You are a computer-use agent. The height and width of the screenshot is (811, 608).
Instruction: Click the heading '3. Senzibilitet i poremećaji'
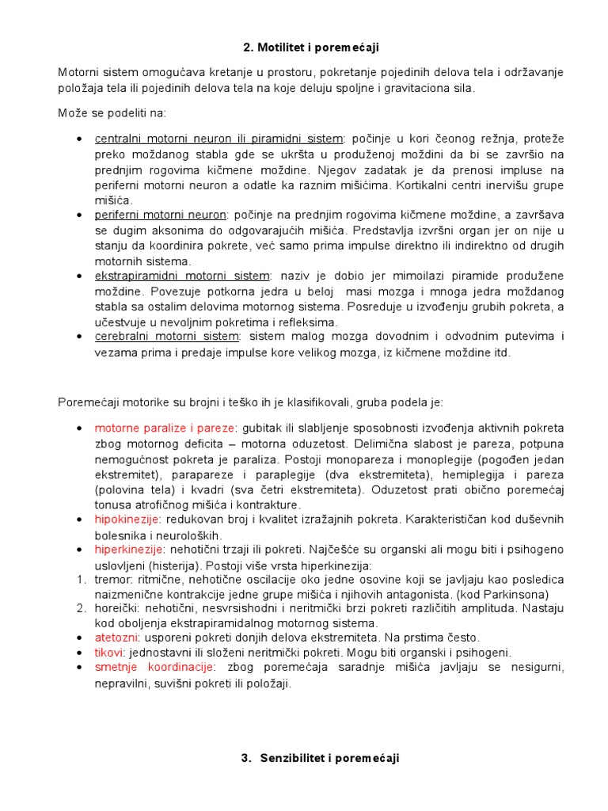(320, 758)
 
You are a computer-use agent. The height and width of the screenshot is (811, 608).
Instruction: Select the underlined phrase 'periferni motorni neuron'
(160, 215)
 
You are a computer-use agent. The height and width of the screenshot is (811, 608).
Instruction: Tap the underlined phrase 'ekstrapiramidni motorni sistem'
(182, 276)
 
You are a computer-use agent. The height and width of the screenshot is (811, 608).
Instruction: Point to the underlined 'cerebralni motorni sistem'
(166, 337)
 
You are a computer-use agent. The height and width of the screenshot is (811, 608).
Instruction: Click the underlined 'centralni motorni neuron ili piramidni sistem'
(219, 139)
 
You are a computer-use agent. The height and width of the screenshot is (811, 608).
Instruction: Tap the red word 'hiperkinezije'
(129, 550)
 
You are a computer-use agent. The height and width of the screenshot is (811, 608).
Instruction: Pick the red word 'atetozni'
(117, 638)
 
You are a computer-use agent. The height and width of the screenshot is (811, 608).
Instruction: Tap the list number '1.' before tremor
(81, 580)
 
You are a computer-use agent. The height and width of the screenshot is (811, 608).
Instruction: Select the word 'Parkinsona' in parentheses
(518, 595)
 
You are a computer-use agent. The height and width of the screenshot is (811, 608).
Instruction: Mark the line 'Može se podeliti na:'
(112, 113)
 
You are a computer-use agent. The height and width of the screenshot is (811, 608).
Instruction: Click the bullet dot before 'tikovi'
(80, 653)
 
